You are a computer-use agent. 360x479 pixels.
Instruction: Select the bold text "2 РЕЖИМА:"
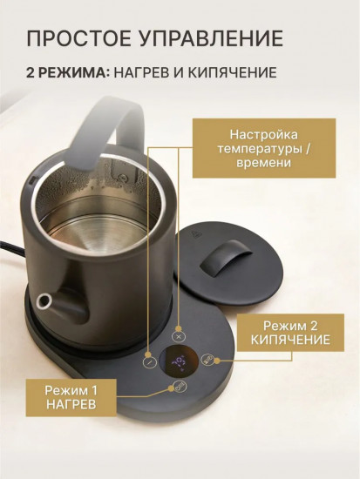tap(68, 72)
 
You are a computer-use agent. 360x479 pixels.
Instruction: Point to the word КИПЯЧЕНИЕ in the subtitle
tap(232, 72)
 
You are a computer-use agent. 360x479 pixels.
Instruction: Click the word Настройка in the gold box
tap(263, 134)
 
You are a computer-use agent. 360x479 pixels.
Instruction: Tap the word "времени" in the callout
tap(263, 162)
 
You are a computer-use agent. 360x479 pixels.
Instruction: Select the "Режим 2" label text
tap(290, 326)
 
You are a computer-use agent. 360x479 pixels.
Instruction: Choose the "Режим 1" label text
tap(71, 390)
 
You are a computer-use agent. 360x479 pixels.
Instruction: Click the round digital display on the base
tap(179, 362)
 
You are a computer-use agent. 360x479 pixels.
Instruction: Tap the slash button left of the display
tap(150, 362)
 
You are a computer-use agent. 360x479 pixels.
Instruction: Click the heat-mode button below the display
tap(179, 387)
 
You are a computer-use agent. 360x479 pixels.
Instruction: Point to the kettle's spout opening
tap(43, 301)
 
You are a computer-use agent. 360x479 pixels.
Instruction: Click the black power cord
tap(12, 248)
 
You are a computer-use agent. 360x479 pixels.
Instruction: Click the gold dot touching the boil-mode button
tap(217, 361)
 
